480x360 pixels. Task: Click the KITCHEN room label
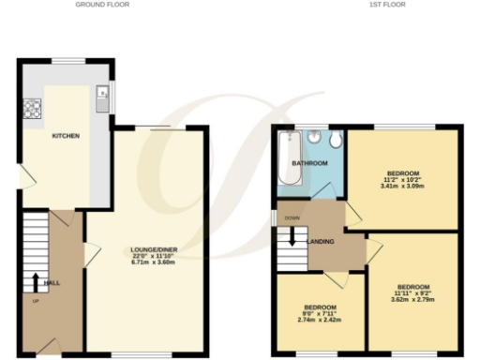(x=66, y=136)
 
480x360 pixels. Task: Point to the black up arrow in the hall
(x=36, y=281)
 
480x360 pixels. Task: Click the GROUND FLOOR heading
(x=102, y=5)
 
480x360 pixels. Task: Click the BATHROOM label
(x=308, y=163)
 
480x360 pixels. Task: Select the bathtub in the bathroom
(x=287, y=159)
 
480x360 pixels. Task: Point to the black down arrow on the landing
(x=292, y=235)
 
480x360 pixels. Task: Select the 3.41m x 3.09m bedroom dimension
(x=405, y=186)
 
